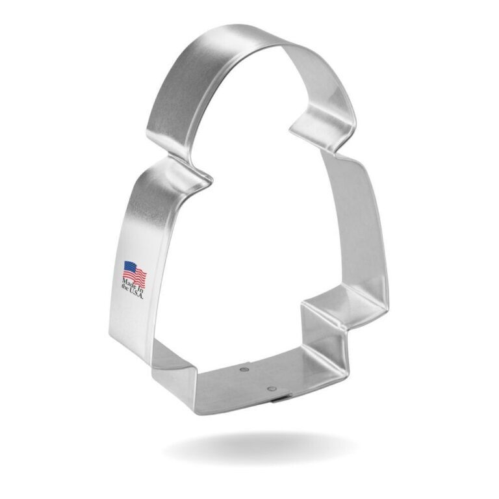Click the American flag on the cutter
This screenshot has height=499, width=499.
click(135, 272)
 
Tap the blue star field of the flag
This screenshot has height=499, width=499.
click(129, 266)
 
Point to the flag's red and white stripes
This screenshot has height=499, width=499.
click(139, 275)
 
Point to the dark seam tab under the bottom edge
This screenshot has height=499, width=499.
click(276, 396)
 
